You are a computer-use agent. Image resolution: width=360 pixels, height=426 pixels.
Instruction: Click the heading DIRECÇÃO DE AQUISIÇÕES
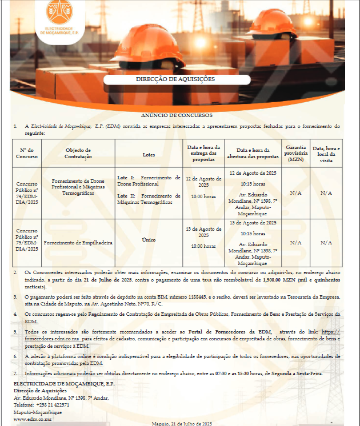tap(175, 79)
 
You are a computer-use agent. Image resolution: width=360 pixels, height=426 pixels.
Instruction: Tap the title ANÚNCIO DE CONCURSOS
tap(177, 115)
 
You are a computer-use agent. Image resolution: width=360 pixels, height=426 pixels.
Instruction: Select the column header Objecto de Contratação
tap(78, 153)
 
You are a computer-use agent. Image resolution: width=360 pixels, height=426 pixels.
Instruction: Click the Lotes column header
tap(148, 154)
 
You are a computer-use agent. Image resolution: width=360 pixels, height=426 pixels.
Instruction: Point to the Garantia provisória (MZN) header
tap(295, 153)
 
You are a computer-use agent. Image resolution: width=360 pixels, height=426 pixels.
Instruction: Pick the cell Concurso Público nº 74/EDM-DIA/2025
tap(27, 193)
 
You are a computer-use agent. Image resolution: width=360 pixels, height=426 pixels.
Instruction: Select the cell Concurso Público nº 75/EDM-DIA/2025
tap(27, 242)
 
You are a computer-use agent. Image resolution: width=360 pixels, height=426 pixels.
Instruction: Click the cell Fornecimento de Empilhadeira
tap(78, 242)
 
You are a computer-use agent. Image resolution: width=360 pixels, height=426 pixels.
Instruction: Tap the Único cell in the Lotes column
tap(149, 240)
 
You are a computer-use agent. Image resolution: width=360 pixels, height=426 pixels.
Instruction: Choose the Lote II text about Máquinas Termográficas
tap(149, 199)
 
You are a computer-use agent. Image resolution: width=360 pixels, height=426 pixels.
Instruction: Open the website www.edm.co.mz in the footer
tap(29, 419)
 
